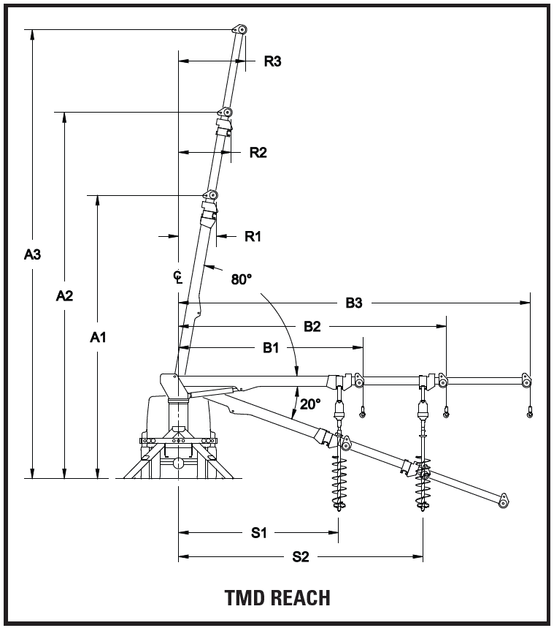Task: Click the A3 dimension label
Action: [x=32, y=254]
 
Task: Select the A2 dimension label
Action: [x=64, y=296]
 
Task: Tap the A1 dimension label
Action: [x=98, y=338]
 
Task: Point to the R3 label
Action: [x=272, y=61]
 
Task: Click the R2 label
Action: [x=258, y=153]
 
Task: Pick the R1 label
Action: [x=253, y=236]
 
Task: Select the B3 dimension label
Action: [x=354, y=303]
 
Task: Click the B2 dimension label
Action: [x=312, y=326]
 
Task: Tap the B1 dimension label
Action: [x=271, y=348]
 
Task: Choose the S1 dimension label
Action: [x=259, y=533]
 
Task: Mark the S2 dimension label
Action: [x=301, y=556]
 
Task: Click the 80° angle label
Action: [x=242, y=279]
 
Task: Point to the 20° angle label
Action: [x=310, y=404]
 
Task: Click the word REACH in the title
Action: [x=301, y=598]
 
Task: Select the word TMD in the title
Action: [x=245, y=598]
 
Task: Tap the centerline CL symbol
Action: [x=178, y=277]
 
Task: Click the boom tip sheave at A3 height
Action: [x=239, y=30]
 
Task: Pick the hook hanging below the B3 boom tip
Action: [x=530, y=412]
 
